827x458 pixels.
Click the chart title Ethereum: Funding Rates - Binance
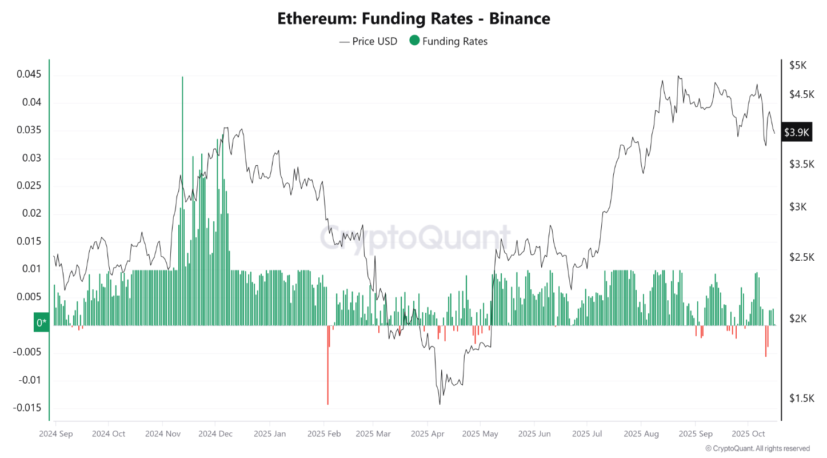(413, 18)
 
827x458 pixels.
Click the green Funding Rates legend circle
(414, 41)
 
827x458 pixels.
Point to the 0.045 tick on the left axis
(29, 75)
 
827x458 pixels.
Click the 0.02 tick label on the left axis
(31, 213)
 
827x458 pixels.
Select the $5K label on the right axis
(797, 65)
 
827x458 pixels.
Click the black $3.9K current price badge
(797, 133)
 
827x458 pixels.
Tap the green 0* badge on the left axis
(42, 323)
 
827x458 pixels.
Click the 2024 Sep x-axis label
(56, 434)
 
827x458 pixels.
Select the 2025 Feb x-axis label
(323, 434)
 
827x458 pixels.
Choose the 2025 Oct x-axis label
(748, 434)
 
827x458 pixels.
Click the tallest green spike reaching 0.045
(182, 172)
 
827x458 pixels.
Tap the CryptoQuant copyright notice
(757, 449)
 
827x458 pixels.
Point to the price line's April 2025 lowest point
(440, 404)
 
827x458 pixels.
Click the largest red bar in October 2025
(766, 343)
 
